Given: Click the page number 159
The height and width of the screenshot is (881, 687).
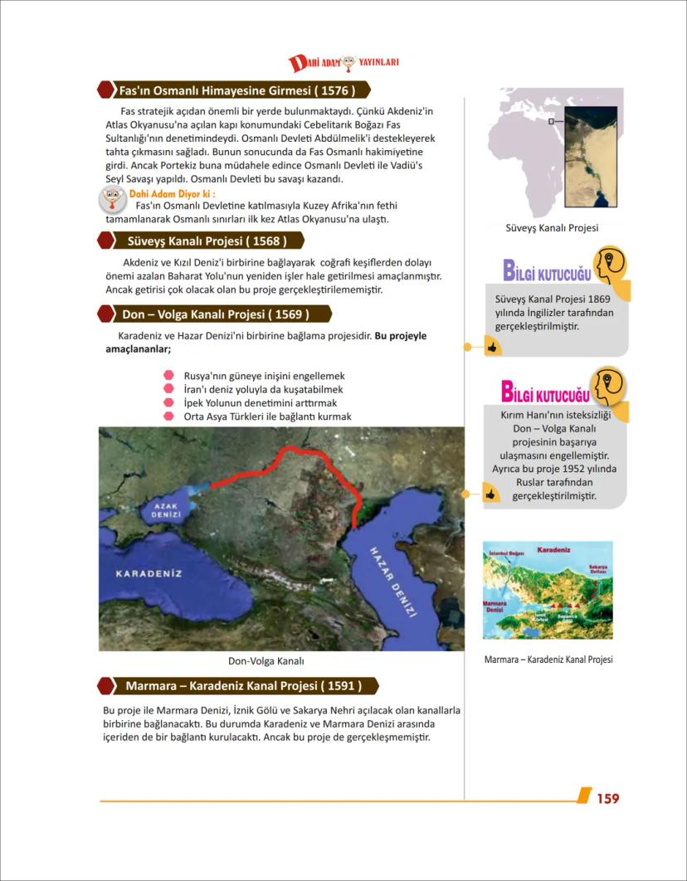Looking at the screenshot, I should tap(607, 798).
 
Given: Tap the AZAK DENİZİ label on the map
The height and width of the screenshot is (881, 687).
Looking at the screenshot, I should tap(166, 512).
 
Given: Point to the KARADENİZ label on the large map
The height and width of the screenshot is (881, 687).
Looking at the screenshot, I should tap(149, 573).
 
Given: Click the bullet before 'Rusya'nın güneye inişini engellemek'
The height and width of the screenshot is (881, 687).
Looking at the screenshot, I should tap(168, 376).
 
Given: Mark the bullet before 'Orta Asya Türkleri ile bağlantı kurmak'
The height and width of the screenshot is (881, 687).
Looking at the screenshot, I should tap(168, 416).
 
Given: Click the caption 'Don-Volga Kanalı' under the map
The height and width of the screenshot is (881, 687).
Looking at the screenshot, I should tap(266, 661).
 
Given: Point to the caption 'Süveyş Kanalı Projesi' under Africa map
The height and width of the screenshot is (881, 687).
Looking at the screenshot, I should tap(552, 227).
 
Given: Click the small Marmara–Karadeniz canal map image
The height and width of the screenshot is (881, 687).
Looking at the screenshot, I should tap(548, 590).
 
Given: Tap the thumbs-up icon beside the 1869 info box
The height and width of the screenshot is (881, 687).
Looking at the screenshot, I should tap(492, 348).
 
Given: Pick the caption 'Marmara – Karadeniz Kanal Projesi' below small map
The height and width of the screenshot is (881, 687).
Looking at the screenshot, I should tap(548, 660).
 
